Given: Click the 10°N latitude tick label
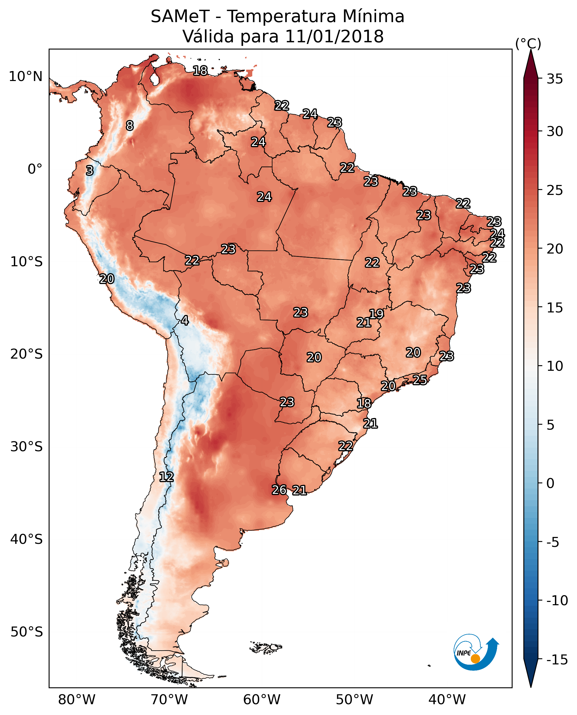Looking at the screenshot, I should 26,77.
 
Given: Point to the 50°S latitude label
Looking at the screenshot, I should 27,632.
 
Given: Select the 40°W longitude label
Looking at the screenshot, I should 447,700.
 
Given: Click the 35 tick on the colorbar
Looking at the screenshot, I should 555,79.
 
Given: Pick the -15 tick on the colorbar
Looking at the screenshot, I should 557,659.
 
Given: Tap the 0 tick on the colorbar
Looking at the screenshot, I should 550,483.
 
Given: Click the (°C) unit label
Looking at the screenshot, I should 528,43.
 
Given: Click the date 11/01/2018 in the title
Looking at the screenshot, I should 334,36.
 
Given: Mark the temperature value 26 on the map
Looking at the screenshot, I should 279,490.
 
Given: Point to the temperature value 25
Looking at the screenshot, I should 420,379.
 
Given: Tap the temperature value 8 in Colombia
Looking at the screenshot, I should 130,126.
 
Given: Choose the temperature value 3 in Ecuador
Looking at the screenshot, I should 90,171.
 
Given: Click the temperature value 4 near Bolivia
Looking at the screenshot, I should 185,321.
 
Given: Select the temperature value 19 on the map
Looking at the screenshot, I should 376,314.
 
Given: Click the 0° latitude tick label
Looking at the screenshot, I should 35,169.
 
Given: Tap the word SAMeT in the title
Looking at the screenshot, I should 180,16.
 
